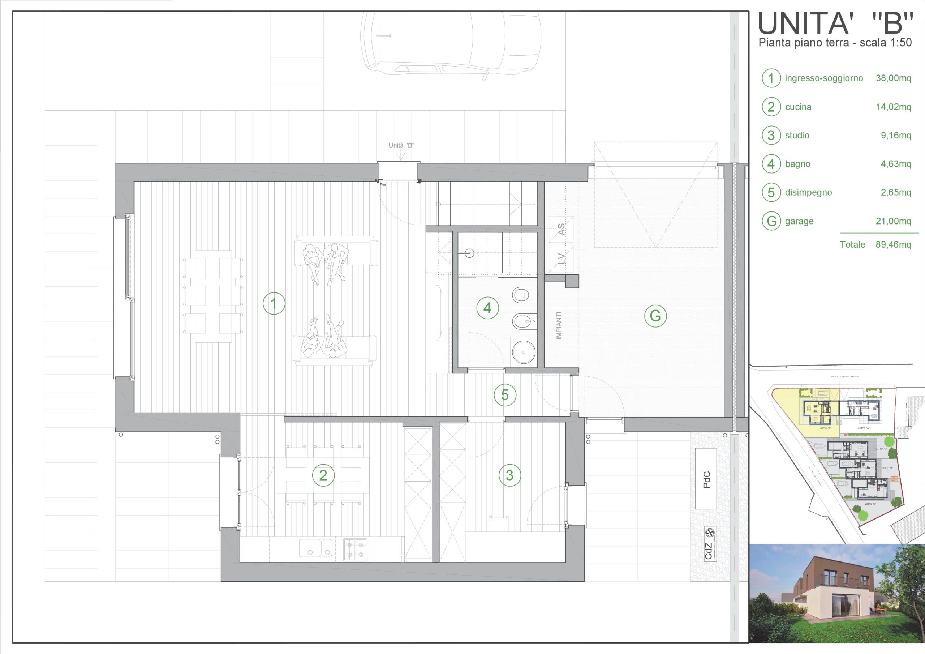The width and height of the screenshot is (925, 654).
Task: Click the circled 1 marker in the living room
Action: (274, 303)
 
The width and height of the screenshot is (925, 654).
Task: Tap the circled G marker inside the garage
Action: (655, 316)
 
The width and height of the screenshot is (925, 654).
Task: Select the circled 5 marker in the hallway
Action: (505, 395)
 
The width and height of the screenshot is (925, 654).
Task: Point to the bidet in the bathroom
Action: (524, 321)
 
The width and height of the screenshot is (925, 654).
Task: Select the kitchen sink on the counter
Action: (315, 548)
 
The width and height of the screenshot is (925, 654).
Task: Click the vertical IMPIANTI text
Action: (559, 325)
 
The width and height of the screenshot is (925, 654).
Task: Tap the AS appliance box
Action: (561, 230)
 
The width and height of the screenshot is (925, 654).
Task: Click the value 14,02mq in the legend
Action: (893, 107)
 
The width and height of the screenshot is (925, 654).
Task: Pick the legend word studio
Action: (797, 136)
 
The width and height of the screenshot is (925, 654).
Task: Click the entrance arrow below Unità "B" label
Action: (400, 156)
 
